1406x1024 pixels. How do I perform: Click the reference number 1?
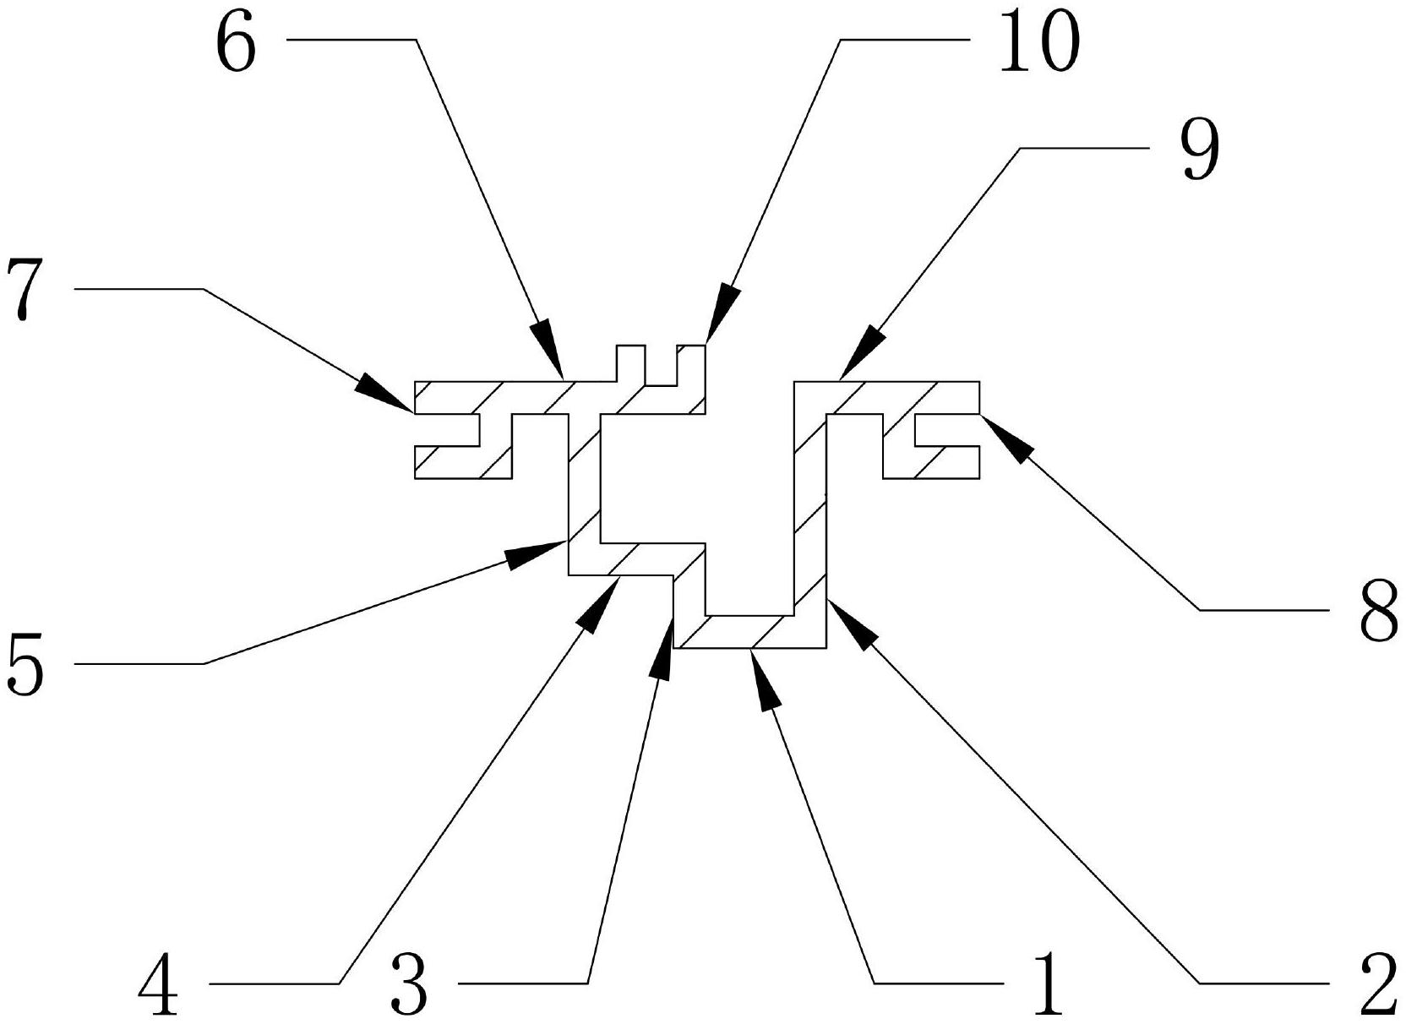[1047, 983]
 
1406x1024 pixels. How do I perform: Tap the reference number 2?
[1375, 983]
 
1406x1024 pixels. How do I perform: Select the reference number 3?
[409, 983]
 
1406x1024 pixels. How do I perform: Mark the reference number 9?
[1201, 150]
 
